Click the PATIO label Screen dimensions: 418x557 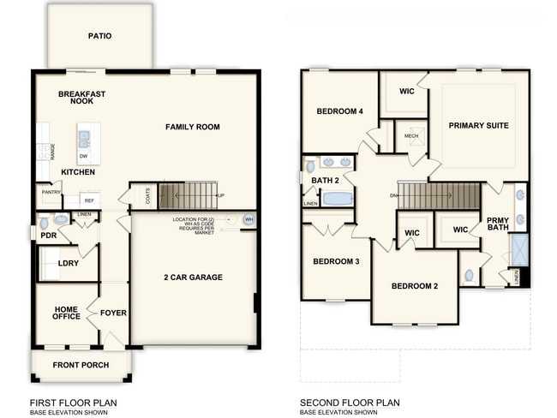(x=99, y=36)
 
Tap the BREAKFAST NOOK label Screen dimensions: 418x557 (x=81, y=97)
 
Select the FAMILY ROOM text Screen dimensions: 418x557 (x=193, y=127)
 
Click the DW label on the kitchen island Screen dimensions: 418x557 (x=83, y=157)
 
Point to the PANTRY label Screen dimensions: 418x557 (x=50, y=194)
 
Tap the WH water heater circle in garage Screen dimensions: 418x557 (x=249, y=219)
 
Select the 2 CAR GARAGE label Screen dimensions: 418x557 (x=193, y=278)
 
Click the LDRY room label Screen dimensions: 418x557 (x=69, y=263)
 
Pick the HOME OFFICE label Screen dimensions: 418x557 (x=67, y=313)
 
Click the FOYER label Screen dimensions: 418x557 (x=113, y=313)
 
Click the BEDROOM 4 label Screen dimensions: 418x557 (x=339, y=111)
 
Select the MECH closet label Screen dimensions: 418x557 (x=411, y=135)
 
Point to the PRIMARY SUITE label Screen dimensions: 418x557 (x=478, y=125)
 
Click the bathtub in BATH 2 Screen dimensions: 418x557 (x=337, y=199)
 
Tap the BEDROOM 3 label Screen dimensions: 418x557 (x=336, y=261)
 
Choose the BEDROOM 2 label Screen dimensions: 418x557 (x=415, y=285)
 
